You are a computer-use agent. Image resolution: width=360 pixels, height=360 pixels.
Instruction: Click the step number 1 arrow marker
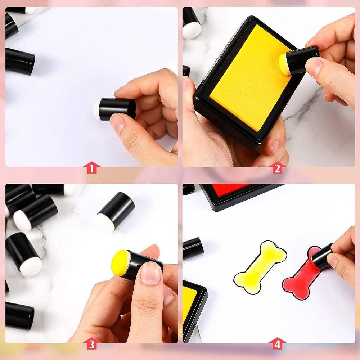[x=91, y=168]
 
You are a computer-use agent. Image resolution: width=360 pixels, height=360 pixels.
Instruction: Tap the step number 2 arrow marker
[x=277, y=168]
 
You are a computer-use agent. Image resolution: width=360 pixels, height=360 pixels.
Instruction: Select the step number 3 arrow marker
[x=91, y=344]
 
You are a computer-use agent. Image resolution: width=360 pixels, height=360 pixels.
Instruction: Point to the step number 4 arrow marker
[x=277, y=344]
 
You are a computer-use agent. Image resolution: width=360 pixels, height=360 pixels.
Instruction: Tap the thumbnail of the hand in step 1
[x=118, y=122]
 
